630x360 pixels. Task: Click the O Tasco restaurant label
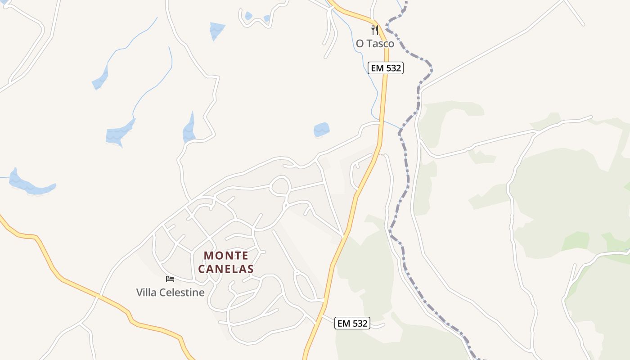pos(375,44)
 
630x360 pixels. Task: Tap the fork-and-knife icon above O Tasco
pos(374,30)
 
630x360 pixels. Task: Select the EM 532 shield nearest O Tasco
pos(385,68)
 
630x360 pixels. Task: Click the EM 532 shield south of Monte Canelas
pos(352,323)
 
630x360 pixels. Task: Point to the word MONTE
pos(226,256)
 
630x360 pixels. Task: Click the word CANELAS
pos(226,269)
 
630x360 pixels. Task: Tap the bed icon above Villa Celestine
pos(170,279)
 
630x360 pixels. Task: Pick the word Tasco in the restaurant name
pos(381,44)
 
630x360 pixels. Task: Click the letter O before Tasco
pos(360,44)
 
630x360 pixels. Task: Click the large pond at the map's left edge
pos(29,185)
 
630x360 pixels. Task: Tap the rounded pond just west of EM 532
pos(321,130)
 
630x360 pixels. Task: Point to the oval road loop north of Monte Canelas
pos(280,186)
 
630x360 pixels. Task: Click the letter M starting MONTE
pos(207,256)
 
